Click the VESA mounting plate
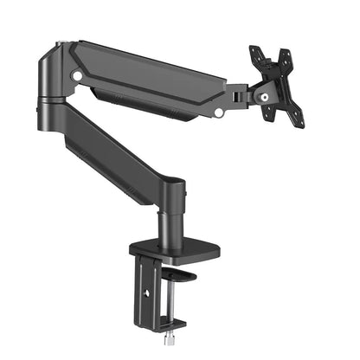coord(276,86)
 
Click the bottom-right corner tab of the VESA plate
coord(299,121)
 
